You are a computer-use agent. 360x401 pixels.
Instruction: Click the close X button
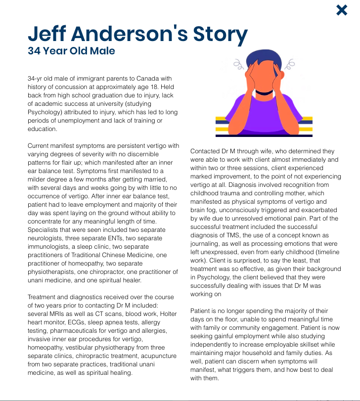click(342, 10)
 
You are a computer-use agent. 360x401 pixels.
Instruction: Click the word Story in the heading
click(219, 34)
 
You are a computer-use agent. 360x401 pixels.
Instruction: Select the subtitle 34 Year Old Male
click(71, 51)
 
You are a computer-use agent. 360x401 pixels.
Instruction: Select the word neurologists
click(47, 238)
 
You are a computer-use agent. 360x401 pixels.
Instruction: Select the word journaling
click(206, 244)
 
